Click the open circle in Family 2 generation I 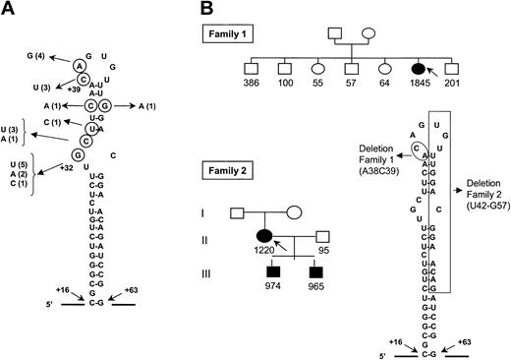click(x=295, y=210)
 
